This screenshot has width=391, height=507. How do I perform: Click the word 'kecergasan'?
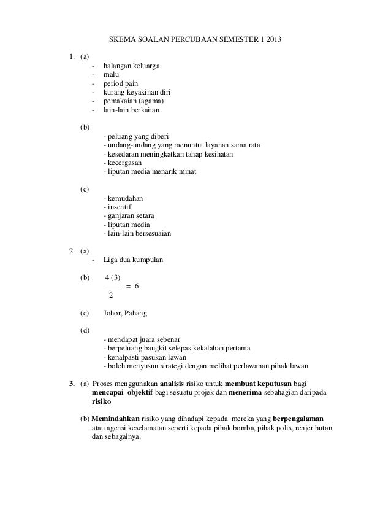coord(123,166)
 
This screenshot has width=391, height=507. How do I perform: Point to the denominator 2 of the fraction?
coord(110,296)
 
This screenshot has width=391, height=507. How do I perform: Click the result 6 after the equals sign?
coord(137,286)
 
